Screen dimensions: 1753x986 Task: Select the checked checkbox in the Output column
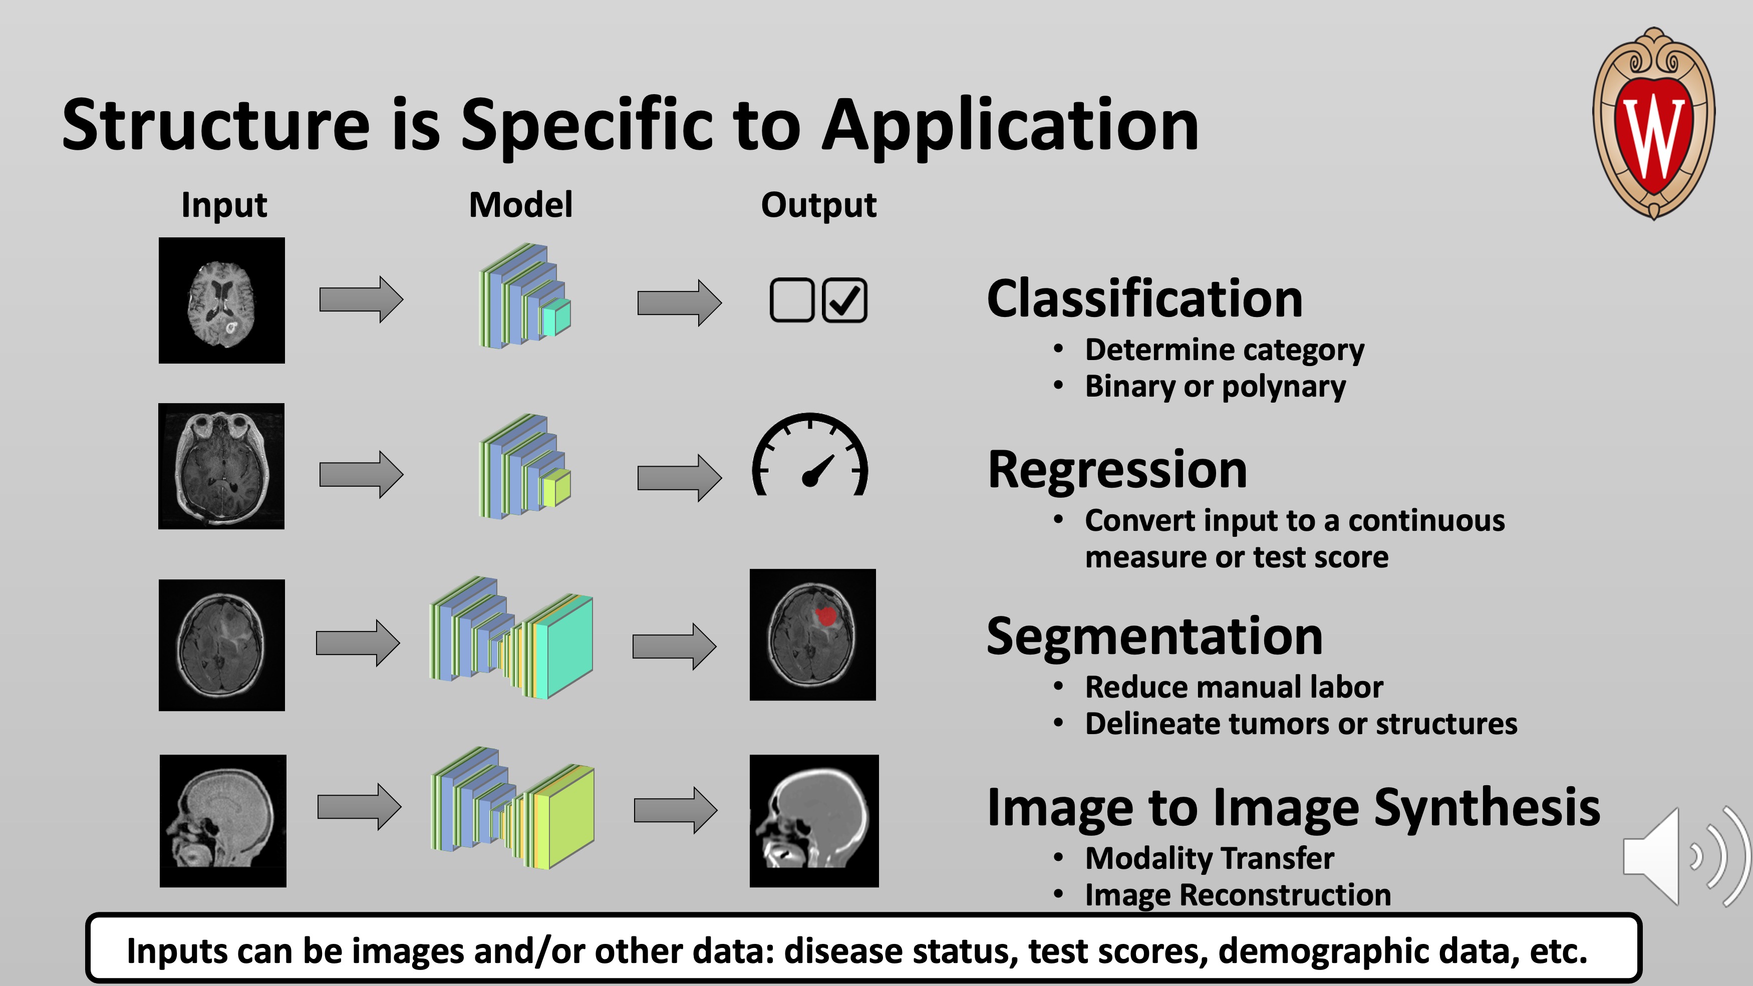844,300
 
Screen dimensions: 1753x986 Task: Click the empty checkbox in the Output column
791,300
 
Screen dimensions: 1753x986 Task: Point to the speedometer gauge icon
810,456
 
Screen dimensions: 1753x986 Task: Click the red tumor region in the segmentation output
825,616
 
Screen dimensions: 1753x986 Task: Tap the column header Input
224,205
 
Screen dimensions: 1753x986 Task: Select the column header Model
520,205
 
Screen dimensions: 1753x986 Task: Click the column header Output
819,205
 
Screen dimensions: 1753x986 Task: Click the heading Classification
1144,299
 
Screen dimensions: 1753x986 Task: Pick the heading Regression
1117,470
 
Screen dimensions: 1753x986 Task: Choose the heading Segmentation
1154,636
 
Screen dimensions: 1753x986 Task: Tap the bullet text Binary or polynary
1216,387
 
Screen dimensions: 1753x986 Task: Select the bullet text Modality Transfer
1209,858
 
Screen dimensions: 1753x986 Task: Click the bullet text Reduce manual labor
1234,687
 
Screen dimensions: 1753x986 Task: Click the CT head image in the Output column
814,821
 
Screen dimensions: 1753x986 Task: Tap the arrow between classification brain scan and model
361,299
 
